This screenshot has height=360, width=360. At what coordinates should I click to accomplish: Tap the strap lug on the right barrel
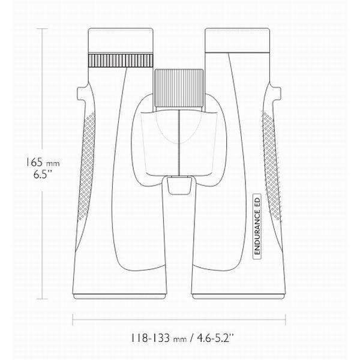coord(278,92)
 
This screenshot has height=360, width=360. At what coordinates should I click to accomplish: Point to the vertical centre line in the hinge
coord(179,141)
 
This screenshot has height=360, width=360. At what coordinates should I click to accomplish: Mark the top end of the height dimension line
coord(44,28)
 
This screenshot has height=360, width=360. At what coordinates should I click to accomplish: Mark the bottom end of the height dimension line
coord(44,298)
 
